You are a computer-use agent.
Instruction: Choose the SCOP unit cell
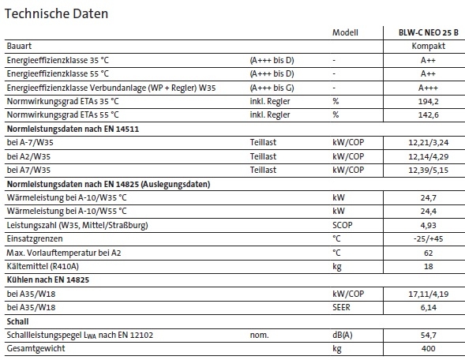[x=342, y=224]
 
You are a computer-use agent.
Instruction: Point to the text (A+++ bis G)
[x=272, y=87]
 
